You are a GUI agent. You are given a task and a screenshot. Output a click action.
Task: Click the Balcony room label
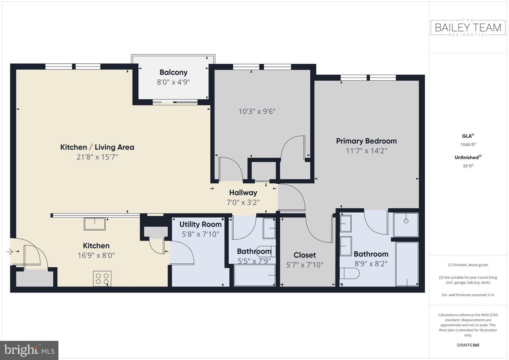point(173,72)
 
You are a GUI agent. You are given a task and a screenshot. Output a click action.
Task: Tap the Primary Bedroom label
point(366,141)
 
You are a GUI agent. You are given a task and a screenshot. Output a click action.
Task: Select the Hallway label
point(243,193)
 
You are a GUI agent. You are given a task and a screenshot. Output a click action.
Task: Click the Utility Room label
point(200,224)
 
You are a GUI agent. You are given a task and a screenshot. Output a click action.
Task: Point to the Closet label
point(304,255)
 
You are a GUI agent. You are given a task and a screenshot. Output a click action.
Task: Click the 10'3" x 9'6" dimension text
point(257,111)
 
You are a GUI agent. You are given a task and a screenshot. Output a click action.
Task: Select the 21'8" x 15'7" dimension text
point(97,157)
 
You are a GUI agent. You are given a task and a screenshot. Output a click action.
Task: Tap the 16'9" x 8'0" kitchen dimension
point(96,255)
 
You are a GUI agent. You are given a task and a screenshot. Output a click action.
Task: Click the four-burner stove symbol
point(102,279)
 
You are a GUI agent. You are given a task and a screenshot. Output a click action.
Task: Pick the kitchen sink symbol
point(94,224)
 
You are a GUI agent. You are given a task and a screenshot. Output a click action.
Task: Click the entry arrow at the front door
point(9,251)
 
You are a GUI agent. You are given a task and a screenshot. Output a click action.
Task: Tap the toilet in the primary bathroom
point(350,273)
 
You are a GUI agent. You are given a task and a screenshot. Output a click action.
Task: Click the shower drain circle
point(406,221)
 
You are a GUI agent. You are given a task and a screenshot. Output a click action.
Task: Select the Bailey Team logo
point(468,28)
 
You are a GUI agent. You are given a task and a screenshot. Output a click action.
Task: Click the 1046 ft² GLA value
point(468,144)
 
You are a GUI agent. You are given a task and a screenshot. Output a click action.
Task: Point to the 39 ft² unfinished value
point(468,166)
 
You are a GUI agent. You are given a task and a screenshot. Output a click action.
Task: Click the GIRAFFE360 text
point(468,345)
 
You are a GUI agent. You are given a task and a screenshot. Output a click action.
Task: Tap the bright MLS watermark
point(29,350)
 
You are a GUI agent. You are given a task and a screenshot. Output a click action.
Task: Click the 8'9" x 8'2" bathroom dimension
point(371,264)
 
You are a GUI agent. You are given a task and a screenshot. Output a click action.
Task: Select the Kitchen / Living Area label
point(97,147)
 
